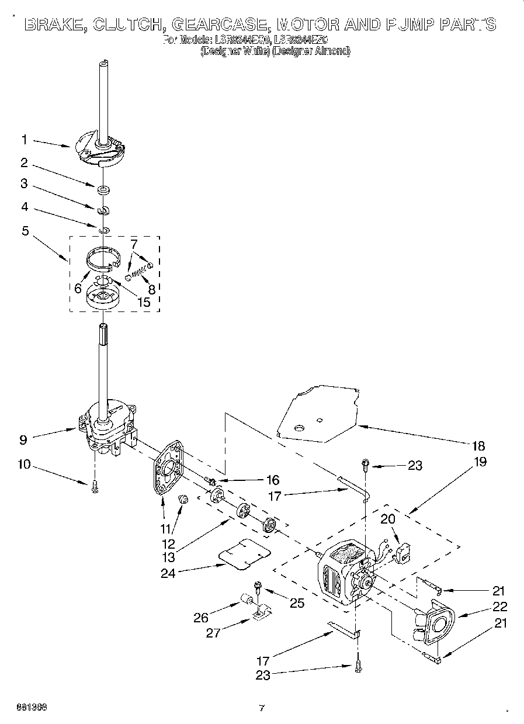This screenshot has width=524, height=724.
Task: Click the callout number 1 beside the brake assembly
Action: pyautogui.click(x=25, y=140)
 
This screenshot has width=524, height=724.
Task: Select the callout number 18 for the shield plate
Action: pyautogui.click(x=477, y=446)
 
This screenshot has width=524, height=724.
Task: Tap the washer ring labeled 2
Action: pyautogui.click(x=103, y=189)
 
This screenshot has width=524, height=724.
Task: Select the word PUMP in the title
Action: pyautogui.click(x=410, y=25)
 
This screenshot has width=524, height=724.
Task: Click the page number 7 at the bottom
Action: pyautogui.click(x=262, y=709)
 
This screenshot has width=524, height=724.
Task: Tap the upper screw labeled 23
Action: pyautogui.click(x=365, y=466)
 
